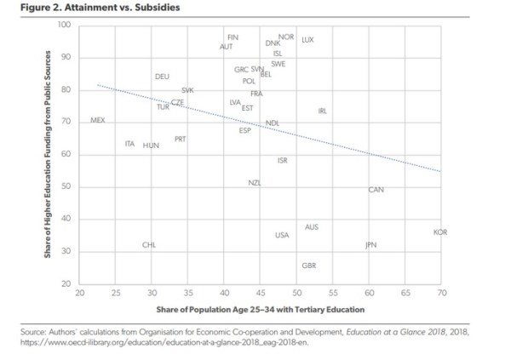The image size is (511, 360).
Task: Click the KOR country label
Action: coord(440,232)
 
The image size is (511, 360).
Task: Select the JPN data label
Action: coord(370,245)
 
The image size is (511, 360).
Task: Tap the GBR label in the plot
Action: coord(309,266)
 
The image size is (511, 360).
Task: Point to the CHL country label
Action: coord(149,245)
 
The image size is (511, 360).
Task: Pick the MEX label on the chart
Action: coord(97,121)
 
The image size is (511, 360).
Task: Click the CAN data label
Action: coord(376,190)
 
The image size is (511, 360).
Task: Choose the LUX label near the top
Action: coord(308,40)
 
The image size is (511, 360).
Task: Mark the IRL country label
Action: coord(322,111)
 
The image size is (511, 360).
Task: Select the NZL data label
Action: coord(255,183)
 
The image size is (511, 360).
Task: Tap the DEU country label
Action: coord(162,77)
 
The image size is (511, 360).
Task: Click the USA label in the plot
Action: coord(282,235)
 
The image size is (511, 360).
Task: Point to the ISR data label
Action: coord(283,160)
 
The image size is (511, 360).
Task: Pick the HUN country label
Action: coord(151,146)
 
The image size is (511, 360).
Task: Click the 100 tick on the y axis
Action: coord(65,25)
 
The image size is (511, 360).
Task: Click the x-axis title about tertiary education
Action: coord(260,308)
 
